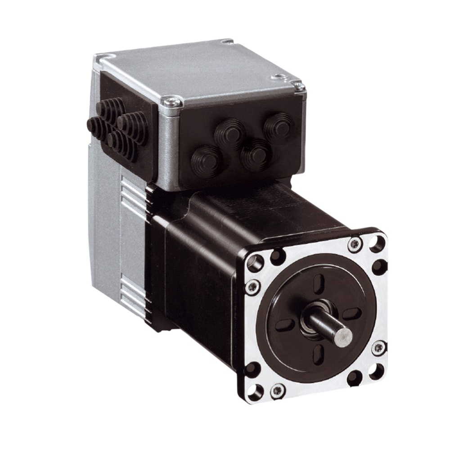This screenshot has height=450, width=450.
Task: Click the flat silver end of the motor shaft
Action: (x=343, y=337)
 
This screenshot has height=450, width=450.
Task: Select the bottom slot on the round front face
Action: (x=318, y=354)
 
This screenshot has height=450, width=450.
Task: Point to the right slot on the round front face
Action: (x=351, y=314)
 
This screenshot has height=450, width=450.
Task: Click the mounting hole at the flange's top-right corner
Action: (x=377, y=244)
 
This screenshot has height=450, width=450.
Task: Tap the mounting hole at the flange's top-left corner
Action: (x=255, y=263)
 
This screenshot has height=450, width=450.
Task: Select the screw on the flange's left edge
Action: (x=252, y=287)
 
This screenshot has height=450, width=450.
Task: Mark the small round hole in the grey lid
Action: (x=280, y=77)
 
